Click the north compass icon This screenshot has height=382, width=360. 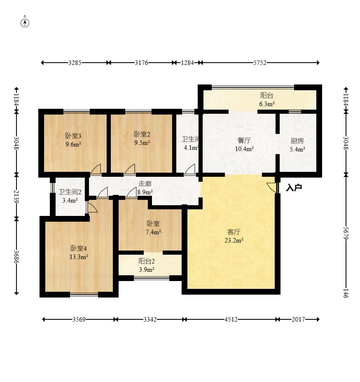pos(25,22)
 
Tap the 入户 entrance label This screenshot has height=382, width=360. pos(294,187)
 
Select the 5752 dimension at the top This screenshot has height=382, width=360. pos(259,63)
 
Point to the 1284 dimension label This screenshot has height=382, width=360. pos(187,63)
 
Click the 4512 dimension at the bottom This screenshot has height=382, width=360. pos(231,319)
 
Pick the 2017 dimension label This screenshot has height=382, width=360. pos(298,319)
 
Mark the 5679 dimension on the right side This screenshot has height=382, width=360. pos(346,233)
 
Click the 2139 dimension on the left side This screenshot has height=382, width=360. pos(16,197)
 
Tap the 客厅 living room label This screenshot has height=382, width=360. pos(234,232)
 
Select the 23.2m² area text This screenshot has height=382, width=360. pos(234,241)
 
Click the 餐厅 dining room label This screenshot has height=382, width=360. pos(244,141)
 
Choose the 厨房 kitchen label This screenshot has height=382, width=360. pos(297,141)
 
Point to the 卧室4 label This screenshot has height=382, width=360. pos(79,248)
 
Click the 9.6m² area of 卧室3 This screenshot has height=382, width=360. pos(73,144)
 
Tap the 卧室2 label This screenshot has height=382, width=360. pos(142,134)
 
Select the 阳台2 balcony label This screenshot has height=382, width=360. pos(147,261)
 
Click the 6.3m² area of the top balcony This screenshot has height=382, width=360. pos(267,104)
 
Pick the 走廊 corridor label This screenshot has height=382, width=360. pos(145,184)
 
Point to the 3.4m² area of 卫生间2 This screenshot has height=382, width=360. pos(70,201)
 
